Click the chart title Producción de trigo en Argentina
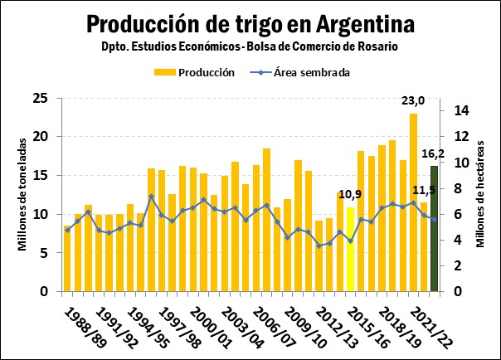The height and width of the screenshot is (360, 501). (x=250, y=22)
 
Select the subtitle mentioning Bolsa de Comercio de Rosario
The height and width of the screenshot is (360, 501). (x=250, y=46)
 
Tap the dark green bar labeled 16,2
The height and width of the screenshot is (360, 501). (x=434, y=229)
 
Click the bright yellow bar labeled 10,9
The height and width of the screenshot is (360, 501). (x=351, y=249)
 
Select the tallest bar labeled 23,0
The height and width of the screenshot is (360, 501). (x=413, y=202)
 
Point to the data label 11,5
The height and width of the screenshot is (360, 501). (x=424, y=190)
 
